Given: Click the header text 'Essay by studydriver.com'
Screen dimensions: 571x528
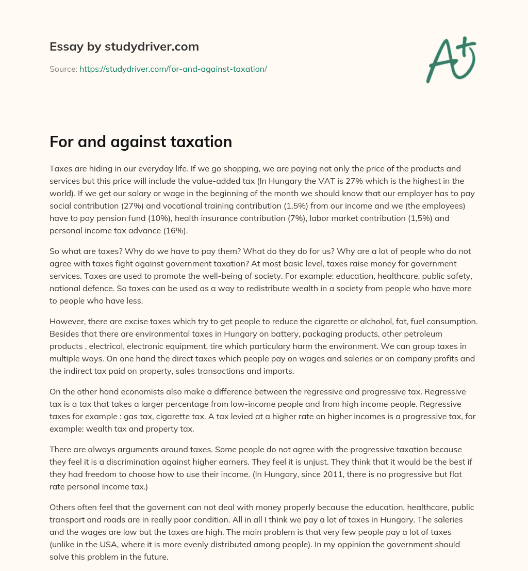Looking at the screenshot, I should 124,47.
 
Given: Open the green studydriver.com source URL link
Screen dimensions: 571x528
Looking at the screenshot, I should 173,69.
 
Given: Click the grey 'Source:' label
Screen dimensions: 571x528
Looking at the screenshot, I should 63,69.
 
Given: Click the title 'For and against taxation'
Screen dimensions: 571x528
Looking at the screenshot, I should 140,142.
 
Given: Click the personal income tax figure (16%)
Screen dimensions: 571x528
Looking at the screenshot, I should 175,230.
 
